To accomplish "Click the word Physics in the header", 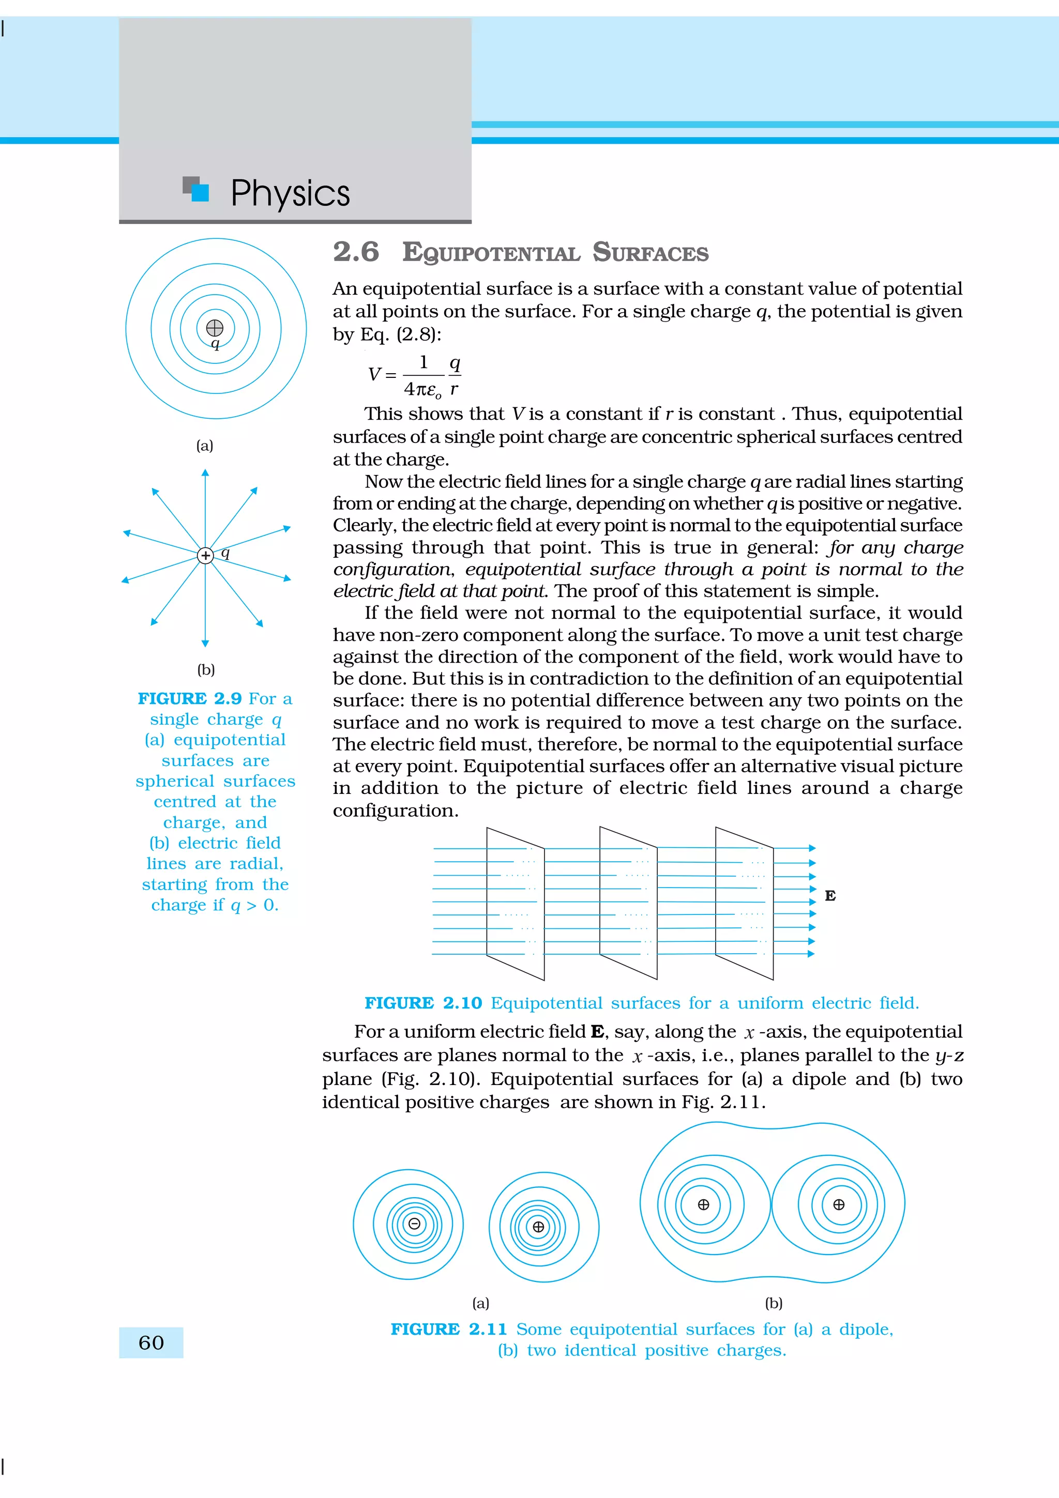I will [x=291, y=193].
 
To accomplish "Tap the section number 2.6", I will [x=356, y=252].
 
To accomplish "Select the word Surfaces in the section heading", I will [x=650, y=252].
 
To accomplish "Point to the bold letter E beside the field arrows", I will [x=830, y=896].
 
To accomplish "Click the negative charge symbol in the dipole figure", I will [x=414, y=1224].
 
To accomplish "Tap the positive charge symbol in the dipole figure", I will [x=538, y=1227].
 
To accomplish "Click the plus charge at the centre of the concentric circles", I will [x=215, y=328].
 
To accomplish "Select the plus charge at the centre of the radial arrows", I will [x=205, y=555].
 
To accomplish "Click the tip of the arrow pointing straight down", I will [x=205, y=645].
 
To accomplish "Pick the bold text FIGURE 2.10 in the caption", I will [x=423, y=1003].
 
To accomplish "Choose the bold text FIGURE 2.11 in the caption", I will [x=448, y=1329].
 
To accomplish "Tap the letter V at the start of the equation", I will [x=374, y=374].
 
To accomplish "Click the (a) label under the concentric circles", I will [x=205, y=446].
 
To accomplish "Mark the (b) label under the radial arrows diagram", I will [x=206, y=669].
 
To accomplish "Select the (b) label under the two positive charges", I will [x=774, y=1303].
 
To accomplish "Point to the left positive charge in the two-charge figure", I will [x=703, y=1204].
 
